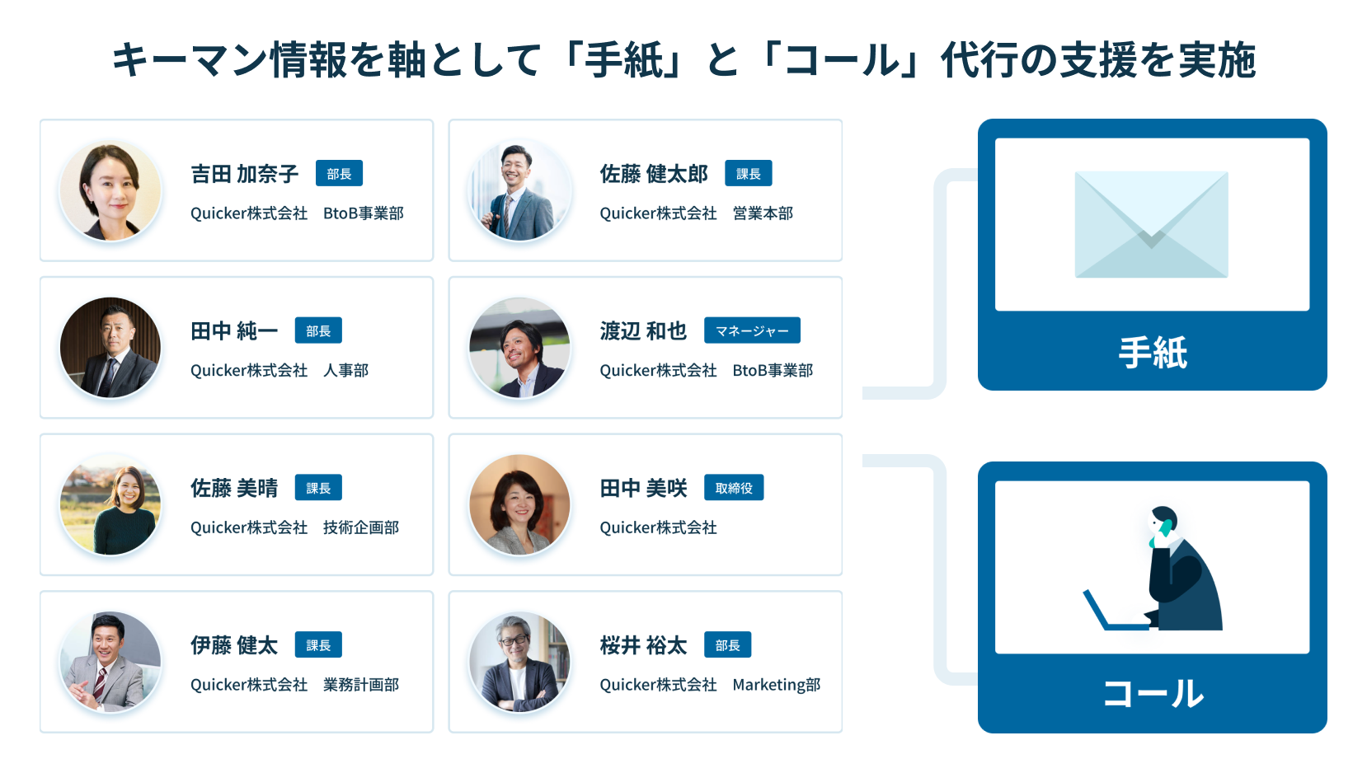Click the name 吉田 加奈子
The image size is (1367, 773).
(244, 174)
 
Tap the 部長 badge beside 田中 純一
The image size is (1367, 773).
(318, 330)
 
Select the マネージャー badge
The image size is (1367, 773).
(752, 330)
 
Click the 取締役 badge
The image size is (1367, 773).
(734, 488)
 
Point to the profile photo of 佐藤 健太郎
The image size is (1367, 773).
(519, 190)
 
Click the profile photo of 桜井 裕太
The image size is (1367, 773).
(519, 662)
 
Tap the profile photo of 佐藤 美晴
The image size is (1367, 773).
(110, 504)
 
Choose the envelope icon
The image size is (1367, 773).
(1152, 225)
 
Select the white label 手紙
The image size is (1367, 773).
(1152, 353)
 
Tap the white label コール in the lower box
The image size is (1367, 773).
(1152, 694)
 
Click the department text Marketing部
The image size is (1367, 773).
(776, 685)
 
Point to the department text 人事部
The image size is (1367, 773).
(345, 371)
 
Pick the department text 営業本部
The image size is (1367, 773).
(763, 213)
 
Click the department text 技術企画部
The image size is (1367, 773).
(361, 527)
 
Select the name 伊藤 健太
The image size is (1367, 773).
(234, 645)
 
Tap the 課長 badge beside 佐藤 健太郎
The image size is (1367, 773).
(749, 174)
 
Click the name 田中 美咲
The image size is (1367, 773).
(643, 488)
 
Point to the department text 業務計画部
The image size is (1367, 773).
(361, 685)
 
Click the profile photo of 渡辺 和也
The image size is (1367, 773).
(519, 348)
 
